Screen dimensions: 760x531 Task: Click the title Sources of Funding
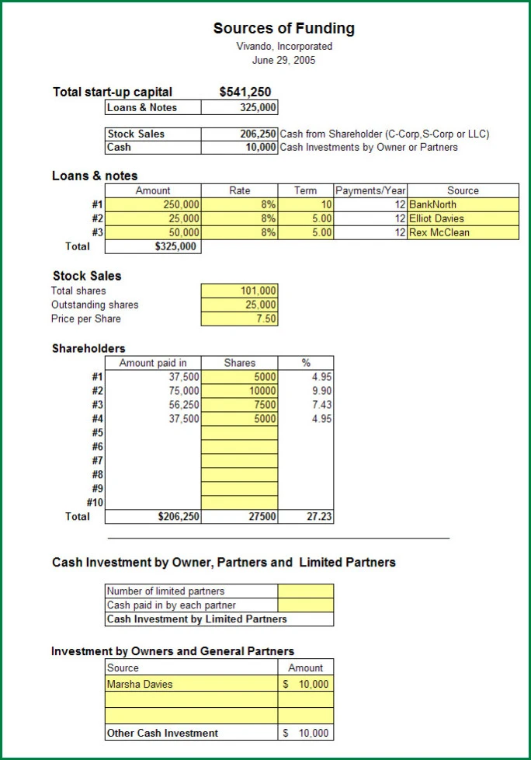pyautogui.click(x=284, y=29)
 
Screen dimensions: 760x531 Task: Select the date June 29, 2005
pyautogui.click(x=284, y=60)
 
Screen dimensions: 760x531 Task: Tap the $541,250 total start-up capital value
pyautogui.click(x=245, y=92)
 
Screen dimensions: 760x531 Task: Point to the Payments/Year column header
pyautogui.click(x=370, y=190)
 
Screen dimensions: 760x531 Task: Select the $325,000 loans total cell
pyautogui.click(x=175, y=246)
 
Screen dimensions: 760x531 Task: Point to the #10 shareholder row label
pyautogui.click(x=95, y=502)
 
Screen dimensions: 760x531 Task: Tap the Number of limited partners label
pyautogui.click(x=165, y=591)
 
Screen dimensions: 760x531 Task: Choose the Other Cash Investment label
pyautogui.click(x=162, y=733)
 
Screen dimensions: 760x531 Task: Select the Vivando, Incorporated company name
pyautogui.click(x=284, y=46)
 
